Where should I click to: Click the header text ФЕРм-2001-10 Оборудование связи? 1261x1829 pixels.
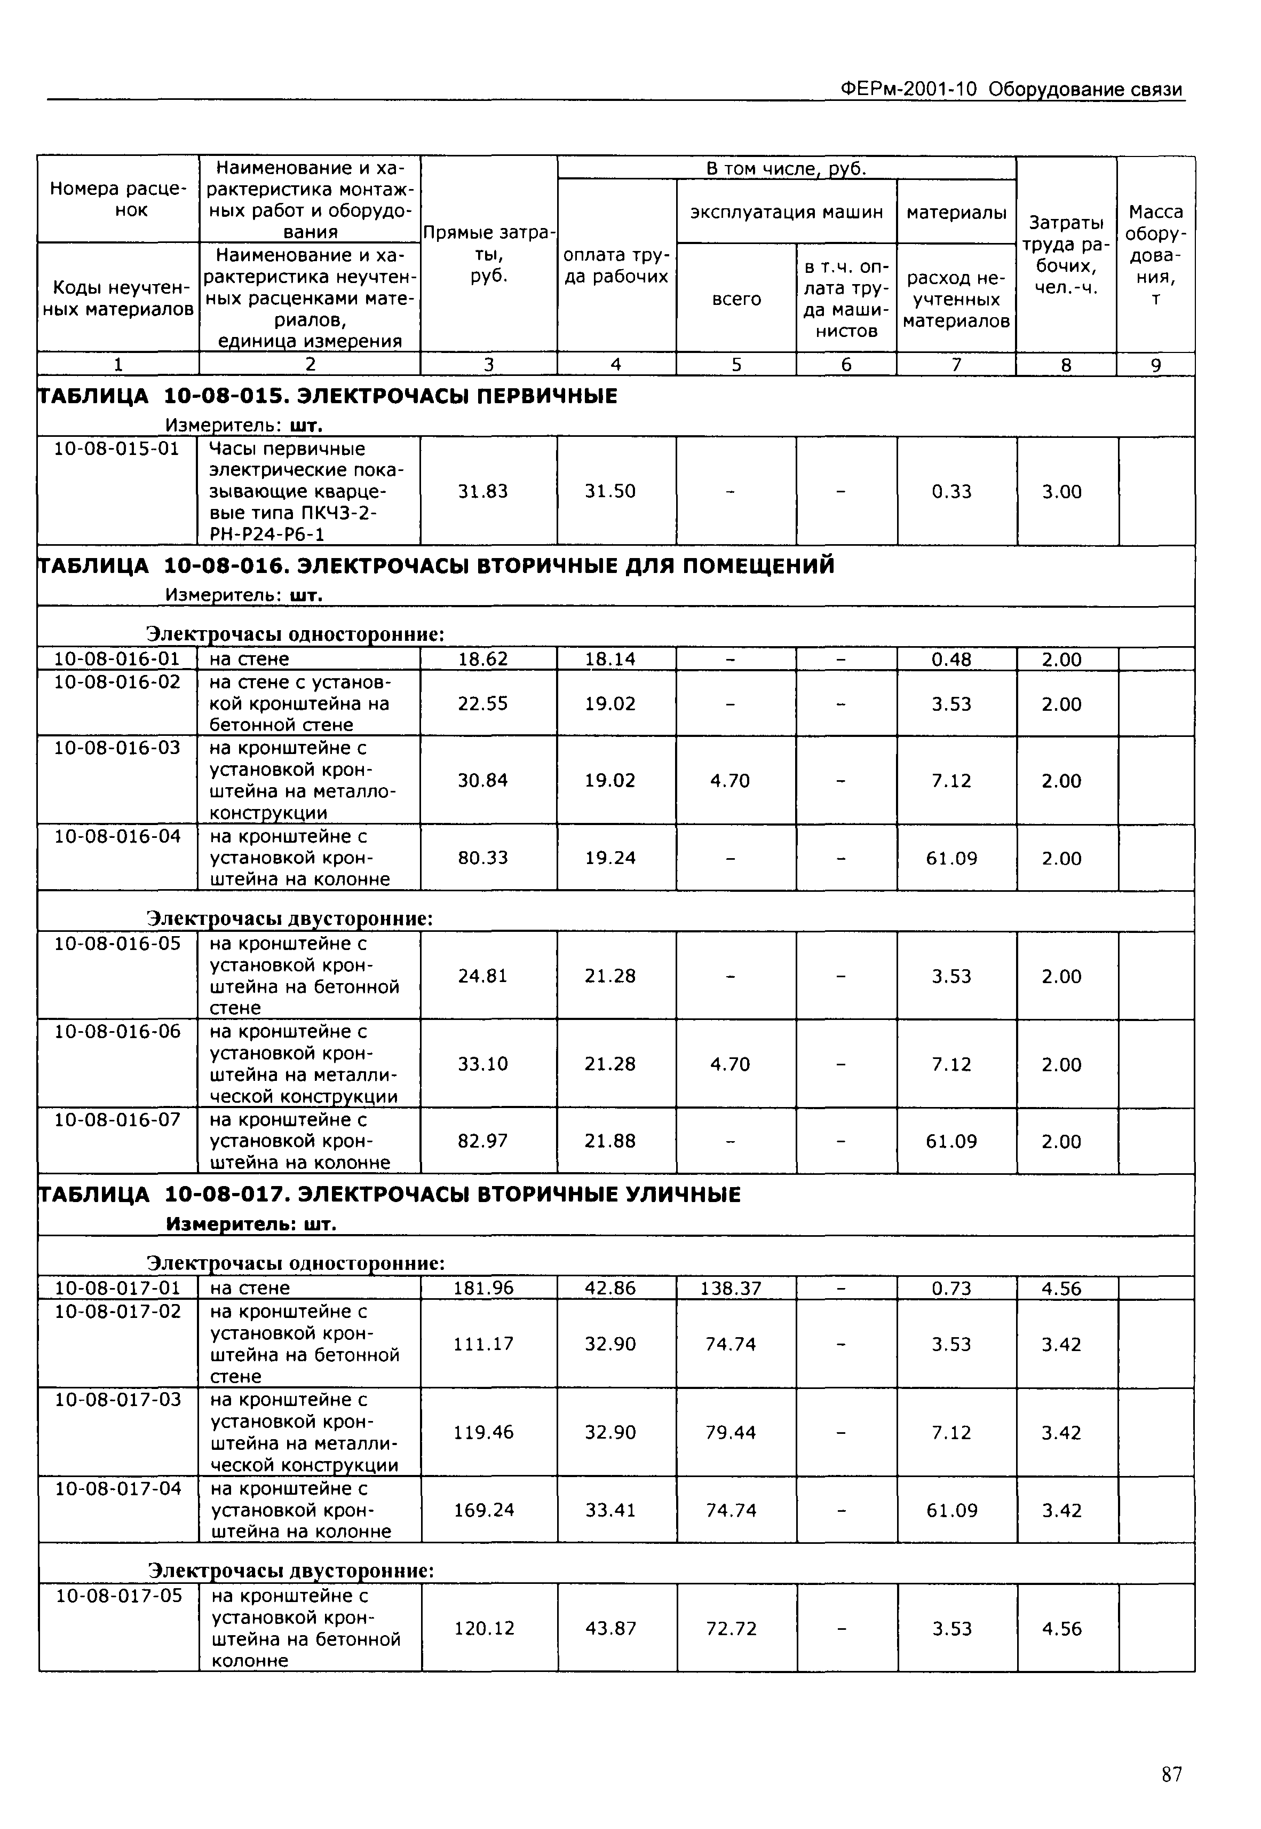pyautogui.click(x=1011, y=89)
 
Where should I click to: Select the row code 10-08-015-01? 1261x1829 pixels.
pyautogui.click(x=116, y=449)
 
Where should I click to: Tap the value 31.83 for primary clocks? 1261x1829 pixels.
pyautogui.click(x=483, y=492)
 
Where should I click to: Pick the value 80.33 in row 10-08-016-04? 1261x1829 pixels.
pyautogui.click(x=483, y=858)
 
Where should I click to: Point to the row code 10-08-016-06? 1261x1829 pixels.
pyautogui.click(x=117, y=1032)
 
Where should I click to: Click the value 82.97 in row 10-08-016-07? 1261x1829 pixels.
pyautogui.click(x=483, y=1141)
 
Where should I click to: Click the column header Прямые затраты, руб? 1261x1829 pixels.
pyautogui.click(x=488, y=254)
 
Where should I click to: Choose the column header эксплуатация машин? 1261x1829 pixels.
pyautogui.click(x=786, y=212)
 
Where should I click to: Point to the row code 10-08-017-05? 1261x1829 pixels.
pyautogui.click(x=118, y=1596)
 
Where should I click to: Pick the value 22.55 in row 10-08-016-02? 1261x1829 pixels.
pyautogui.click(x=483, y=703)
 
